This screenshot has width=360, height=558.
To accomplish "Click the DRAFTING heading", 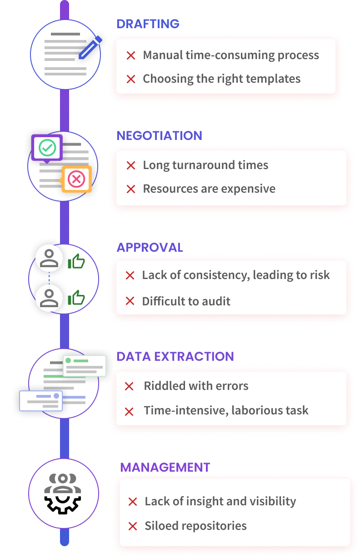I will pos(148,24).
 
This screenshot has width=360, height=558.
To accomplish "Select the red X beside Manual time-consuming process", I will pos(131,55).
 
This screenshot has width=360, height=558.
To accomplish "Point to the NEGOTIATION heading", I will pos(159,135).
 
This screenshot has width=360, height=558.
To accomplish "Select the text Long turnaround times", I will pos(205,165).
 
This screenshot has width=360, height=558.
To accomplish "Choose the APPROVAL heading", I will pos(150,247).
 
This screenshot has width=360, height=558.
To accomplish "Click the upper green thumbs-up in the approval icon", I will pos(76,262).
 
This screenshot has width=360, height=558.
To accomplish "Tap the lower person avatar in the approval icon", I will pos(49,297).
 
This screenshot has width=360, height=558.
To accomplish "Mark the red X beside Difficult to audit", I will pos(130,301).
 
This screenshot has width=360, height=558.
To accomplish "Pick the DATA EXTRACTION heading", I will pos(175,357).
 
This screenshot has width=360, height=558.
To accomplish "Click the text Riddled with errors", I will pos(196,386).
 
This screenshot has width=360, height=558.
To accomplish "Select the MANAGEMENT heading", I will pos(165,467).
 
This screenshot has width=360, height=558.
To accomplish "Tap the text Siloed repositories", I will pos(195,526).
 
